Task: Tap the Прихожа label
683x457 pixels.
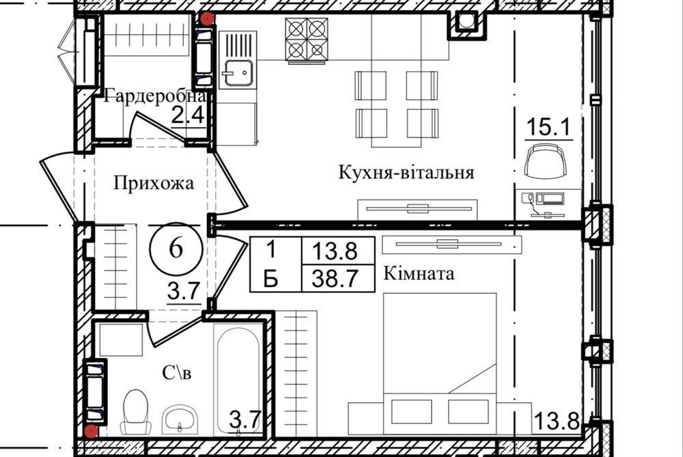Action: (154, 183)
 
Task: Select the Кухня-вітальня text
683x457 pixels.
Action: (406, 172)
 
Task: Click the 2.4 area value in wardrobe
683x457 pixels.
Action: (187, 115)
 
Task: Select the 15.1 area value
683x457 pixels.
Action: (548, 126)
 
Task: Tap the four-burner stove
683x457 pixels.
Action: (307, 40)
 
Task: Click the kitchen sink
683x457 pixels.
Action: (238, 72)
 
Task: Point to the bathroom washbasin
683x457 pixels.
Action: (180, 418)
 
